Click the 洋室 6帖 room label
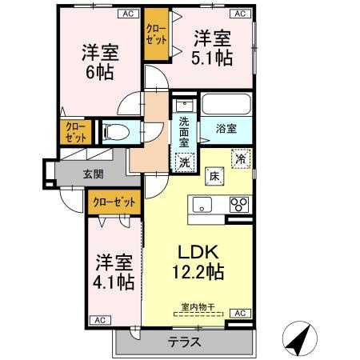[101, 62]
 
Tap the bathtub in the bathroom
[226, 106]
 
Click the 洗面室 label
[184, 130]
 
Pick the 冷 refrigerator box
[239, 158]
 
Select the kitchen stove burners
[239, 204]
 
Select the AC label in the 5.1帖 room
[239, 14]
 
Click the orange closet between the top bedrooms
[155, 36]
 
